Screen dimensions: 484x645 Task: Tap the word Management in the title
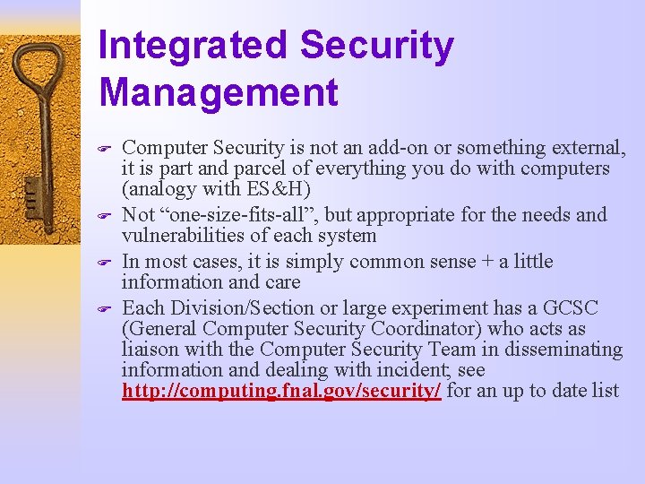pos(219,92)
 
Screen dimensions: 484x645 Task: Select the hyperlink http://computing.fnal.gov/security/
pos(281,391)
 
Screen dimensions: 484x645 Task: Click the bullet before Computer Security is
pos(105,149)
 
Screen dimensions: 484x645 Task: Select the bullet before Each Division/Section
pos(105,309)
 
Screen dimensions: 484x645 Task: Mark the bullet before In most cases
pos(105,264)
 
